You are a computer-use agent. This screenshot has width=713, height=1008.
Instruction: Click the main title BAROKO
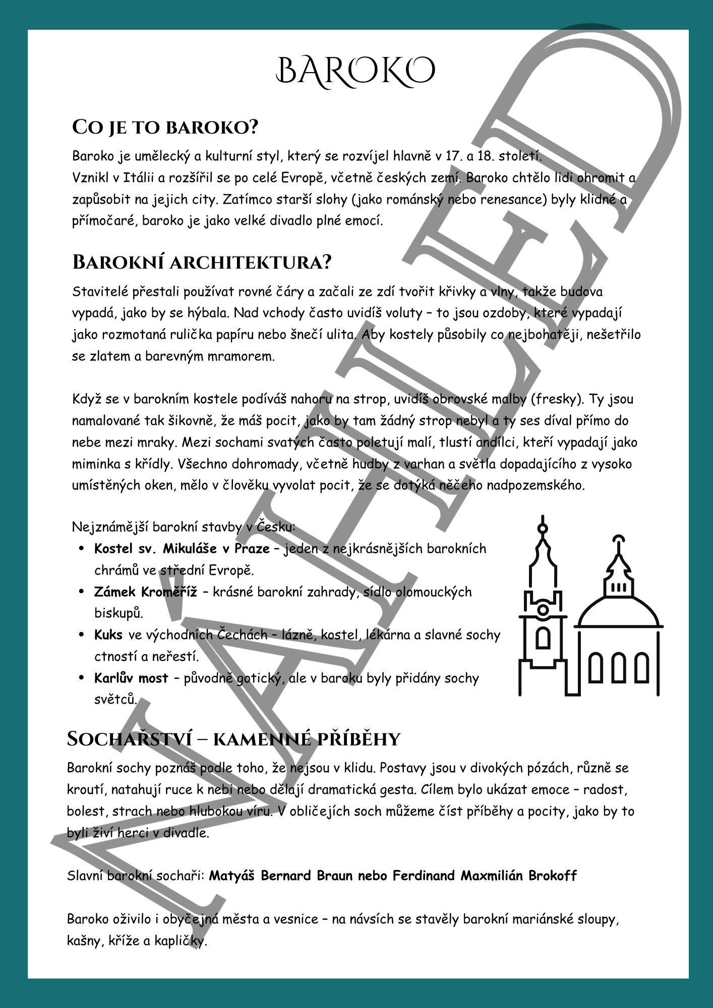click(x=355, y=71)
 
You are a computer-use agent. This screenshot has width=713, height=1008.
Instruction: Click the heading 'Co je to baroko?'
click(x=165, y=127)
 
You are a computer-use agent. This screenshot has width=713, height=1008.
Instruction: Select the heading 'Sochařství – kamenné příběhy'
click(x=233, y=739)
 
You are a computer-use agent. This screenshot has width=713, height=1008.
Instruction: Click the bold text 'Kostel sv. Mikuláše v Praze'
click(x=182, y=548)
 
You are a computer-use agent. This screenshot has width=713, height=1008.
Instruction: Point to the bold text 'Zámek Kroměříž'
click(x=145, y=592)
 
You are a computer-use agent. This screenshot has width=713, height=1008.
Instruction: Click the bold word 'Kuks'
click(x=108, y=635)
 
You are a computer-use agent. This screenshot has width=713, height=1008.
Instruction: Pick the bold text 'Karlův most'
click(x=131, y=678)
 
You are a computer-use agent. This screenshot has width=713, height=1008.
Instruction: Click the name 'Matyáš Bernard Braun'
click(x=281, y=875)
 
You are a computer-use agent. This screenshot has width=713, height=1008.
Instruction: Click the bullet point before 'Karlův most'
click(x=82, y=678)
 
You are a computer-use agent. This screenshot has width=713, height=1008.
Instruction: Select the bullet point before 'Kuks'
click(x=82, y=635)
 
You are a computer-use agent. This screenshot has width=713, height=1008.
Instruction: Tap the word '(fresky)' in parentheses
click(x=557, y=399)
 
